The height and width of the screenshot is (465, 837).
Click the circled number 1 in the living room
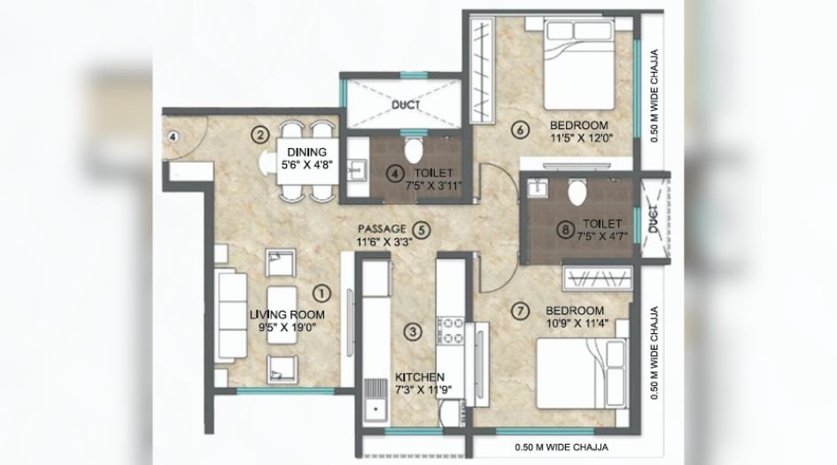coord(322,290)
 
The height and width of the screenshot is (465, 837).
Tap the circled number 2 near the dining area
coord(260,135)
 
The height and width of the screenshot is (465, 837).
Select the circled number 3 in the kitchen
coord(410,332)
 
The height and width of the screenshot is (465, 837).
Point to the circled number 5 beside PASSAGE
coord(422,229)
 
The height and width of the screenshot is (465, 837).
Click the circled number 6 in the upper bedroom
coord(521,131)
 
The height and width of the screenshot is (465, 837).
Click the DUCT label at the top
coord(405,104)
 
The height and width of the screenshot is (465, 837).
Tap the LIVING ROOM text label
coord(286,314)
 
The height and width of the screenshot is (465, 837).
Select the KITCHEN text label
coord(420,376)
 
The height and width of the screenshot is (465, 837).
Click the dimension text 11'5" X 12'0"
coord(582,137)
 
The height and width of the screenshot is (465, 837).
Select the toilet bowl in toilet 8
coord(577,190)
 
